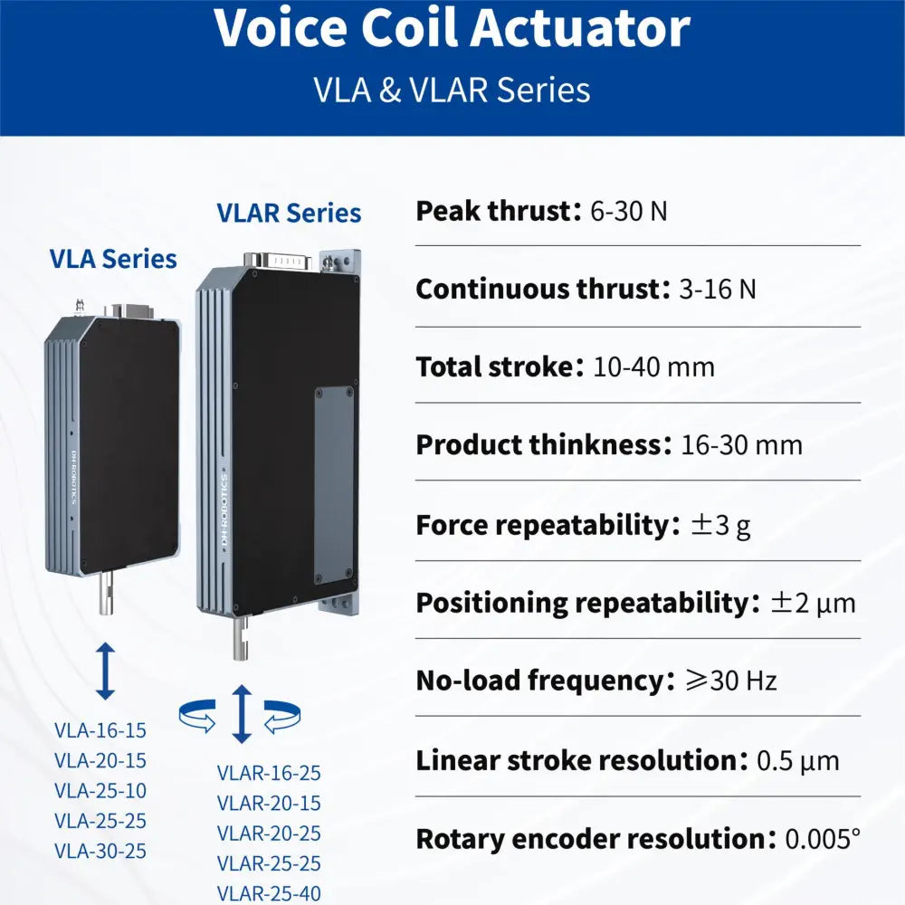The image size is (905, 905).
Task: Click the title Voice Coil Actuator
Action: coord(452,28)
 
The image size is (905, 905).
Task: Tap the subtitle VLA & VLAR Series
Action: coord(452,90)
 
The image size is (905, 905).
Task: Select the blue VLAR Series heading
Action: coord(290,213)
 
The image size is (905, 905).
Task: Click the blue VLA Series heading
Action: coord(113,259)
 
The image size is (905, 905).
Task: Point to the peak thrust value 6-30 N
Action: coord(629,211)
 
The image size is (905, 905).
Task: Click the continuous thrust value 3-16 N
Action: coord(718,289)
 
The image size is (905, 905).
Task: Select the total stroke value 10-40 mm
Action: coord(654,367)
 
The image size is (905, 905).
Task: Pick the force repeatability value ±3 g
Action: coord(721,525)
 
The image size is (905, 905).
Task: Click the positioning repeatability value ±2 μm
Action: coord(814,603)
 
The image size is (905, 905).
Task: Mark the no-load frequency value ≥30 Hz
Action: coord(731,681)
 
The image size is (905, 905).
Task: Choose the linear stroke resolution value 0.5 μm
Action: coord(797,761)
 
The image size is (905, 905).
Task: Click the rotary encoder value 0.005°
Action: coord(823,839)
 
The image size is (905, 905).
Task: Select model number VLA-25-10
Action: coord(100,791)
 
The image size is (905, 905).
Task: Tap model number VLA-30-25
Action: coord(100,852)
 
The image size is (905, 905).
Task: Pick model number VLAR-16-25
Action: coord(269,774)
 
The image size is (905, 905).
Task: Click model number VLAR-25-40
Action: coord(269,893)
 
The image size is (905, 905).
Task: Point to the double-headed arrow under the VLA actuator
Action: coord(105,671)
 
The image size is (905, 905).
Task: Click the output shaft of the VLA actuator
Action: coord(106,594)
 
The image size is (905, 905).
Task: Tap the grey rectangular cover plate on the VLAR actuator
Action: coord(335,486)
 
